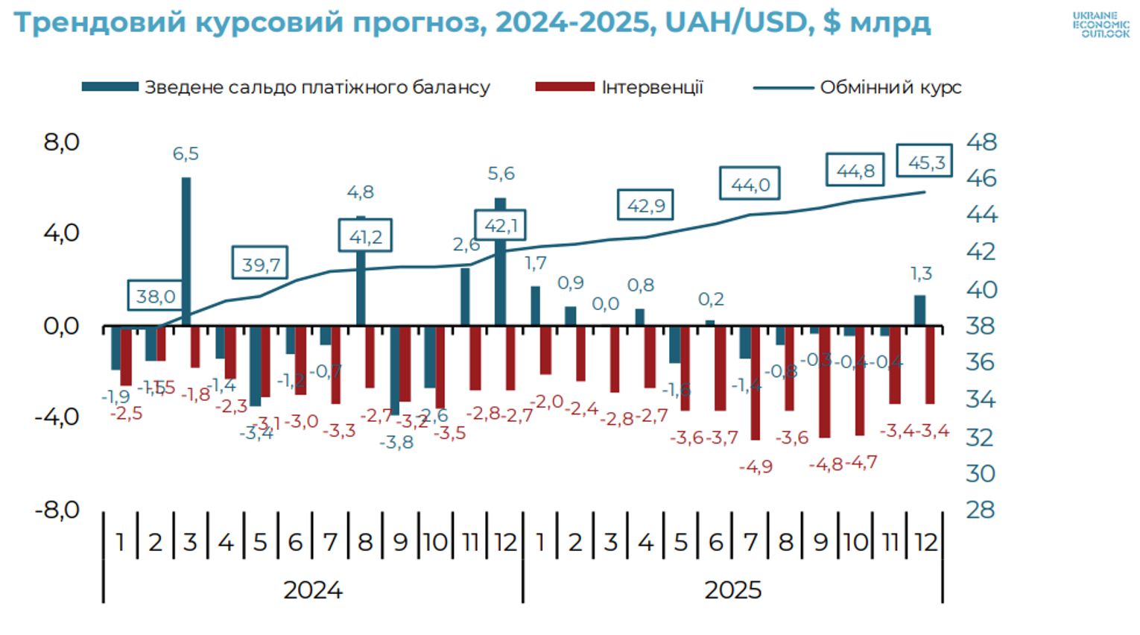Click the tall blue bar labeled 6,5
186,251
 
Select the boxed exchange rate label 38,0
155,297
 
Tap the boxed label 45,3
925,162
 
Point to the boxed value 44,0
750,184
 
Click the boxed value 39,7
260,265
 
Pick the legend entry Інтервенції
652,87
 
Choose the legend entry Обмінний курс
890,87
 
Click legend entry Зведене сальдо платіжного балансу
317,87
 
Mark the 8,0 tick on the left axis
61,142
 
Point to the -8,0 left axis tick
57,510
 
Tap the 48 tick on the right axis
981,142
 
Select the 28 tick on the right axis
981,510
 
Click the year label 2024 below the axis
313,590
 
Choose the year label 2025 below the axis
733,590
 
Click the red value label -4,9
756,467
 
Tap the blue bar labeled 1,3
920,310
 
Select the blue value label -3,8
396,443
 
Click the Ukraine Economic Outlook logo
1101,25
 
